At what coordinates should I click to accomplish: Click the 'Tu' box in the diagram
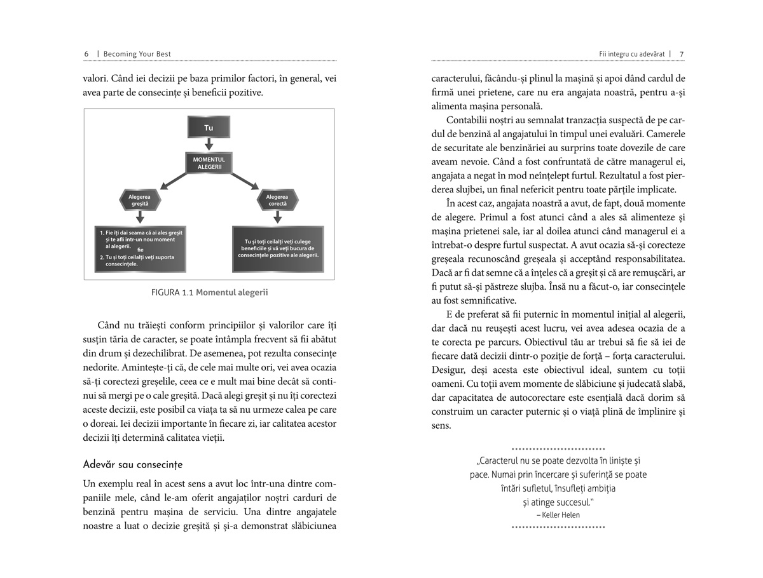point(209,128)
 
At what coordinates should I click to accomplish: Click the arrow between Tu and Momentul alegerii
point(209,145)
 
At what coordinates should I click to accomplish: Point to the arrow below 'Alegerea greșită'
point(140,217)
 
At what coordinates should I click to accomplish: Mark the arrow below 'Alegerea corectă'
point(277,217)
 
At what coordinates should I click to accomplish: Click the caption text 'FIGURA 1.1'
point(172,293)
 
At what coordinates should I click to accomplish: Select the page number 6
point(86,54)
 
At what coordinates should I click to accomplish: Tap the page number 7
point(682,54)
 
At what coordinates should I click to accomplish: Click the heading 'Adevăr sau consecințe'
point(133,464)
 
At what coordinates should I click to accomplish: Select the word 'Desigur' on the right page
point(448,370)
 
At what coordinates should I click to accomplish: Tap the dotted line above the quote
point(558,448)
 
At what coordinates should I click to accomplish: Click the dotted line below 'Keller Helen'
point(558,527)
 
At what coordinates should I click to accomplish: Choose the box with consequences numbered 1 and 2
point(139,249)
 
